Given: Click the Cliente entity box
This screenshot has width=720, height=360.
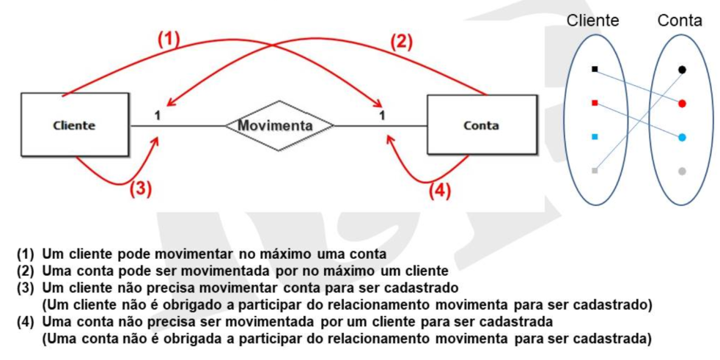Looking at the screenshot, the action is pyautogui.click(x=74, y=125).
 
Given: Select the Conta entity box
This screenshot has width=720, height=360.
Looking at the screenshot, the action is pyautogui.click(x=482, y=125).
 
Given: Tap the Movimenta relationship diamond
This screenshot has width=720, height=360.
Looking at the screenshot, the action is pyautogui.click(x=279, y=126).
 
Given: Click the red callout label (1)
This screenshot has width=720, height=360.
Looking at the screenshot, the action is pyautogui.click(x=169, y=40).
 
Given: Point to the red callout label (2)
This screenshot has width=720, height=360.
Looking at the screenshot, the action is pyautogui.click(x=401, y=43).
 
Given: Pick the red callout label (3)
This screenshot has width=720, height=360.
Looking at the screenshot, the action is pyautogui.click(x=141, y=188).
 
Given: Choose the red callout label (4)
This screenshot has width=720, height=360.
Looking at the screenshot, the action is pyautogui.click(x=440, y=191).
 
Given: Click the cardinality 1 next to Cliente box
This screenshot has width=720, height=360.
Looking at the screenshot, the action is pyautogui.click(x=157, y=116).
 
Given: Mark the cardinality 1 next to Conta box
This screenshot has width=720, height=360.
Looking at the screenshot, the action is pyautogui.click(x=381, y=116).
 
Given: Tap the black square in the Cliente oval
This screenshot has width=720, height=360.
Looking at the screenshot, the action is pyautogui.click(x=595, y=70).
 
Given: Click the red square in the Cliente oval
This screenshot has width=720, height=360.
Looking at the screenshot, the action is pyautogui.click(x=595, y=103).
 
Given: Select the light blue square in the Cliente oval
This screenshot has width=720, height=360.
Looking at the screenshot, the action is pyautogui.click(x=595, y=137).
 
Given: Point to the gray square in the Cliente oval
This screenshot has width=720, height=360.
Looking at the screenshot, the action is pyautogui.click(x=595, y=171).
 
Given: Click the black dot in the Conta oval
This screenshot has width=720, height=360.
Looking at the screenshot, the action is pyautogui.click(x=682, y=70).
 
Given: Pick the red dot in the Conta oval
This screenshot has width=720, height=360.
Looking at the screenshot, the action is pyautogui.click(x=682, y=104).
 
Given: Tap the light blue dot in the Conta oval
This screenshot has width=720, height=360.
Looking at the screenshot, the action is pyautogui.click(x=682, y=137).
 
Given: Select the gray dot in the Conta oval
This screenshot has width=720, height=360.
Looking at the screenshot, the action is pyautogui.click(x=682, y=172).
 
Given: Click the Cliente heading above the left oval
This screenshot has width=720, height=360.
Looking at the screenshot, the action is pyautogui.click(x=593, y=21).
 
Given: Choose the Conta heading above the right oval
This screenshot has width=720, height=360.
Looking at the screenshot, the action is pyautogui.click(x=680, y=21).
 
